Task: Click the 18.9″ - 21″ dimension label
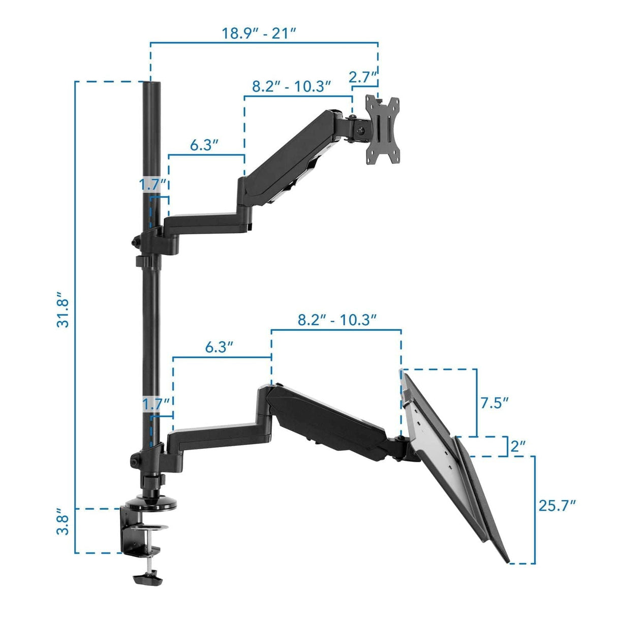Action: [x=259, y=34]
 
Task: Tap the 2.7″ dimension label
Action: [x=363, y=77]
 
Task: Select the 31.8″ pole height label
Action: [x=63, y=310]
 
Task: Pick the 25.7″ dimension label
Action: [x=557, y=506]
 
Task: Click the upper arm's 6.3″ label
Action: [x=204, y=145]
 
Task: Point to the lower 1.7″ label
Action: [x=155, y=405]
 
